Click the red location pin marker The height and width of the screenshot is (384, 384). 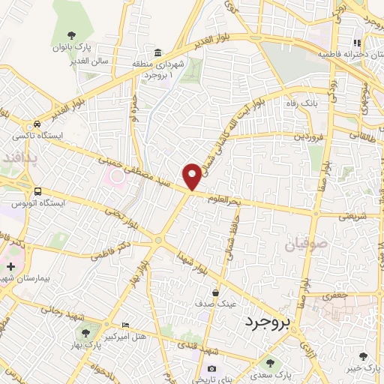pyautogui.click(x=193, y=176)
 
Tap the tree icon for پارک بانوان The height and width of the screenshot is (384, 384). pyautogui.click(x=72, y=35)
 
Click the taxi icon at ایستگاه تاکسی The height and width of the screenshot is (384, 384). pyautogui.click(x=37, y=124)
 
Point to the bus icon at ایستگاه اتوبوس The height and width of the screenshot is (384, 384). pyautogui.click(x=37, y=191)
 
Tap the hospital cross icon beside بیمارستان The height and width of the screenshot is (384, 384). pyautogui.click(x=10, y=266)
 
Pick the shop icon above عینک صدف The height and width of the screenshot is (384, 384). pyautogui.click(x=216, y=292)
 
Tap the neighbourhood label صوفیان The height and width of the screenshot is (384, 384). pyautogui.click(x=307, y=244)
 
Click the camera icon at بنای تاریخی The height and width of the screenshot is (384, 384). pyautogui.click(x=212, y=369)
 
